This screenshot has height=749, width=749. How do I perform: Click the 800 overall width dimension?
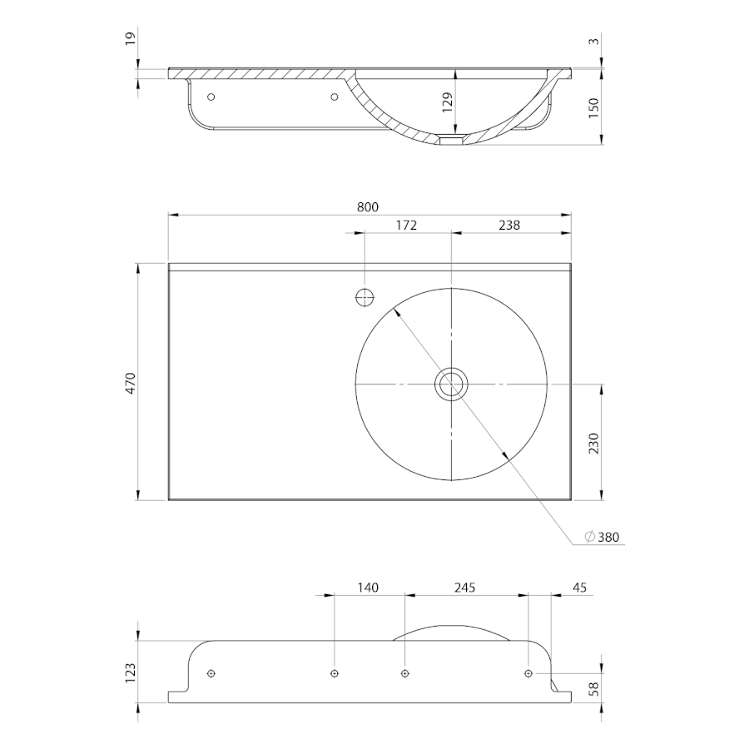click(x=368, y=207)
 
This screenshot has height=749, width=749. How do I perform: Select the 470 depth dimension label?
click(x=131, y=383)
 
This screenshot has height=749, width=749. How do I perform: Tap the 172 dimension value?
click(x=406, y=225)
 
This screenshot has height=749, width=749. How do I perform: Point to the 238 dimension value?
click(x=509, y=225)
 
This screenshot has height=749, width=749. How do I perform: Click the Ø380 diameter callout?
click(x=603, y=537)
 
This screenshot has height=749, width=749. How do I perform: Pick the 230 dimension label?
click(x=593, y=443)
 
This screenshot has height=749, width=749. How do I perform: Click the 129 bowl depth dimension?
click(x=447, y=102)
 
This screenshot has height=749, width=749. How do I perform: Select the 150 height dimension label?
click(x=593, y=108)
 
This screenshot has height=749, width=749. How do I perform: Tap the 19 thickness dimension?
click(x=131, y=37)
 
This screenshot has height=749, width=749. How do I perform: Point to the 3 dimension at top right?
click(x=593, y=41)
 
